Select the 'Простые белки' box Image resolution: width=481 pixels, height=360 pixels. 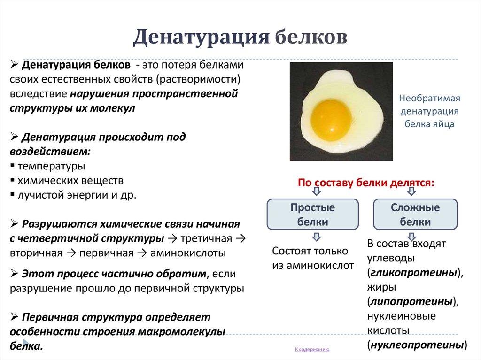312,214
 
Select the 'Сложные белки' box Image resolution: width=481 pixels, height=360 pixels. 415,214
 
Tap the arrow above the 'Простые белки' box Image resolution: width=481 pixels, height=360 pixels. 316,191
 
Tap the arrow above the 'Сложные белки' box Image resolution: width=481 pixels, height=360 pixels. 411,191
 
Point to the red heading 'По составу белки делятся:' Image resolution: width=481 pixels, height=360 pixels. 366,183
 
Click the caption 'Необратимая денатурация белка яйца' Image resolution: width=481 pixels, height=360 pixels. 429,111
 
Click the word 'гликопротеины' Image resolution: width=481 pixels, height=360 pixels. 413,273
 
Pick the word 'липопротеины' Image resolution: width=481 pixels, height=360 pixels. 411,301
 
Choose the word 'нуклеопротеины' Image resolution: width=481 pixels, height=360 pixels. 417,345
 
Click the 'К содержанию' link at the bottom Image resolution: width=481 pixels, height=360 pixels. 312,350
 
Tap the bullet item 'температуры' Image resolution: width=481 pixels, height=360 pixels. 51,166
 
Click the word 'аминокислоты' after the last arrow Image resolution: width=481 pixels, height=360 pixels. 188,253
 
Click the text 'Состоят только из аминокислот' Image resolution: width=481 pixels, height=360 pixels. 313,258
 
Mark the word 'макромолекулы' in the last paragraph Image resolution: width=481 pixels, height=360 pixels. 181,331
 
